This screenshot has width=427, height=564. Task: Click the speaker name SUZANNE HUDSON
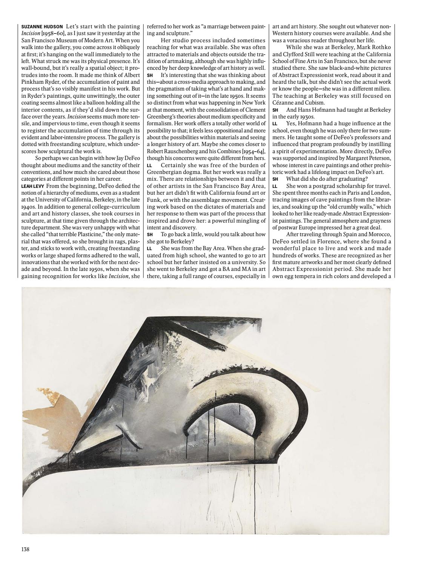42,27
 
